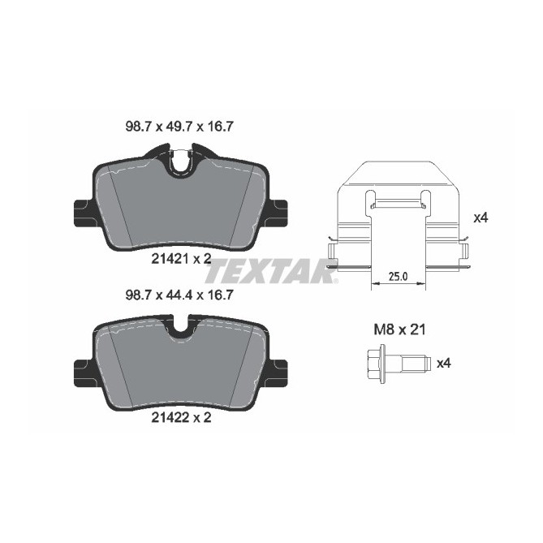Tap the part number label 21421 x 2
(181, 259)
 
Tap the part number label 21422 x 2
(181, 420)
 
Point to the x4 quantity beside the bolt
(443, 363)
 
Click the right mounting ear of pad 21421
(280, 213)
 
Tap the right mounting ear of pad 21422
(280, 373)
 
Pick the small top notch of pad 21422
(181, 329)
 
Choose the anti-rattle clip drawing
(398, 215)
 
